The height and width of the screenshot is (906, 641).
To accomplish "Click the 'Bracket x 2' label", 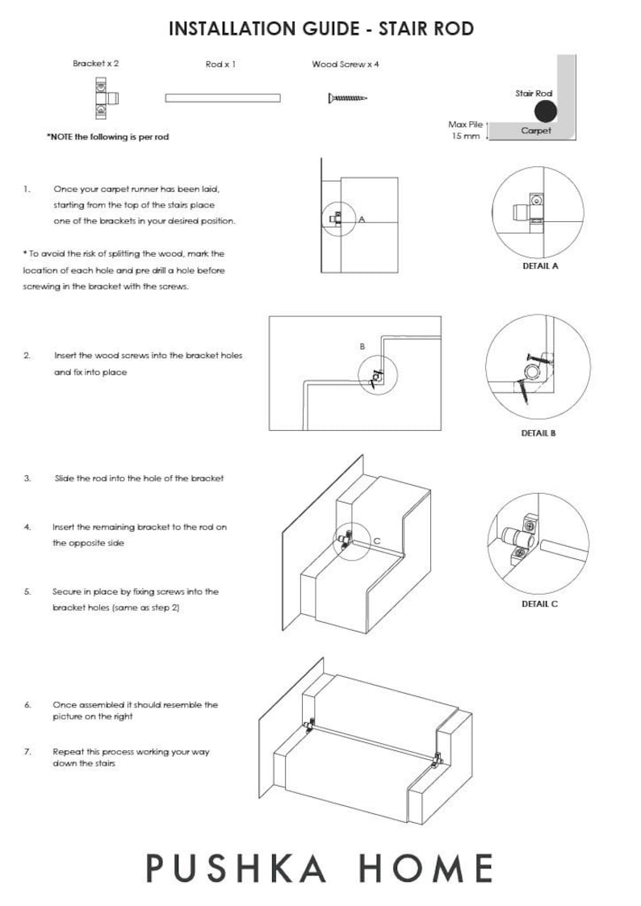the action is click(x=96, y=64).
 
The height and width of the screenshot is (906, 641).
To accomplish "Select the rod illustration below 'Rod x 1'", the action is click(x=223, y=98).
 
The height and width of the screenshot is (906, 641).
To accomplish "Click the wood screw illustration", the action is click(x=348, y=98).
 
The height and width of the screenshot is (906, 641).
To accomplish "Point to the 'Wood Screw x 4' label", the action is click(x=346, y=64).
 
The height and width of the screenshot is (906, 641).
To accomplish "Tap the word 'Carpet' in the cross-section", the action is click(x=536, y=131).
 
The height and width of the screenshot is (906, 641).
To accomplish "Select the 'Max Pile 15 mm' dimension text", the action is click(x=465, y=130).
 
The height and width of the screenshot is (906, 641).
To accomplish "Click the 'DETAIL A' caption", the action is click(x=540, y=266).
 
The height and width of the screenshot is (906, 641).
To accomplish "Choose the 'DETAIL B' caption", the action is click(x=538, y=433).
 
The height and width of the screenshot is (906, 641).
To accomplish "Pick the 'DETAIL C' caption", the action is click(x=540, y=604).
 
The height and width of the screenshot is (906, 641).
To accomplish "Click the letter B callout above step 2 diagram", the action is click(x=362, y=347).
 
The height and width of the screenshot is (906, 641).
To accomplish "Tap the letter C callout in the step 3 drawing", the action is click(x=377, y=541).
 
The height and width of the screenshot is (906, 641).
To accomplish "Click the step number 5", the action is click(x=27, y=591).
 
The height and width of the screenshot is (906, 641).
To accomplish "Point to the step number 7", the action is click(x=27, y=752).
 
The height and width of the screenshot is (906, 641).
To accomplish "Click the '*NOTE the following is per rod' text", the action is click(x=108, y=137).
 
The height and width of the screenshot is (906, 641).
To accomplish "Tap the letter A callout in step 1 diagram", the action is click(x=362, y=219).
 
